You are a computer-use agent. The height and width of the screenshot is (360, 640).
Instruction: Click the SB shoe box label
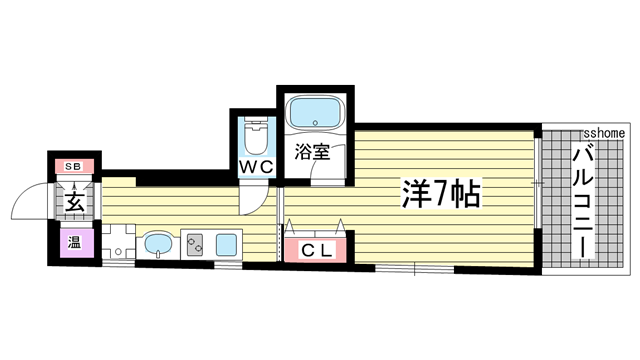click(x=73, y=166)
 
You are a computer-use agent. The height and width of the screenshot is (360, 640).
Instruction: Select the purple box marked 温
click(x=73, y=243)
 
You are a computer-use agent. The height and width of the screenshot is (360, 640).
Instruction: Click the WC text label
click(x=255, y=167)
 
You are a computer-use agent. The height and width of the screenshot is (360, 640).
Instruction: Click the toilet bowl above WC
click(x=255, y=134)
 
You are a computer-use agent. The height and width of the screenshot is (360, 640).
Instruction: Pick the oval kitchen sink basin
click(x=158, y=243)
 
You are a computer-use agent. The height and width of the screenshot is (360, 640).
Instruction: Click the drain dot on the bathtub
click(x=314, y=124)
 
